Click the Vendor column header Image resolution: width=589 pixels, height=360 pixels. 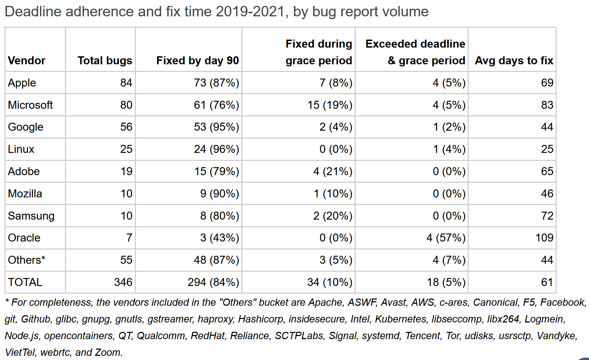click(26, 61)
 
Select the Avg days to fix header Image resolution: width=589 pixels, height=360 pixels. click(514, 61)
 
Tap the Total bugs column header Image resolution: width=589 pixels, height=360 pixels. click(105, 61)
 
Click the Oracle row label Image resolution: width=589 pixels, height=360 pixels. click(24, 238)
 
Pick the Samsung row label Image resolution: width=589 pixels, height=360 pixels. click(31, 216)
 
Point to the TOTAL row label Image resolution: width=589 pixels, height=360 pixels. click(25, 282)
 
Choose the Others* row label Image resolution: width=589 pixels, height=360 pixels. click(26, 260)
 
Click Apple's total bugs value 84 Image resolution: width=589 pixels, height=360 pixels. click(126, 83)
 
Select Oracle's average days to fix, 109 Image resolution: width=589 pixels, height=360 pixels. click(544, 238)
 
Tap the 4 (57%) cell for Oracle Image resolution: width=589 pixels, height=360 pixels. click(446, 238)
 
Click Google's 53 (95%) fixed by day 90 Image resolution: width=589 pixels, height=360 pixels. click(216, 127)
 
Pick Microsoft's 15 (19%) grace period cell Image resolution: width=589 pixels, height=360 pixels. click(330, 105)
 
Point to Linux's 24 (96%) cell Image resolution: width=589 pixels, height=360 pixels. click(216, 149)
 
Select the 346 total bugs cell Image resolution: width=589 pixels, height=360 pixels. click(123, 282)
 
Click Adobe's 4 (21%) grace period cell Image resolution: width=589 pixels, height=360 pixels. click(333, 171)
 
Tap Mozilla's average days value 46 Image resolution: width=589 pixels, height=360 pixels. click(547, 194)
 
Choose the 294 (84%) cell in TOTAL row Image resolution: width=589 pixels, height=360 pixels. click(213, 282)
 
